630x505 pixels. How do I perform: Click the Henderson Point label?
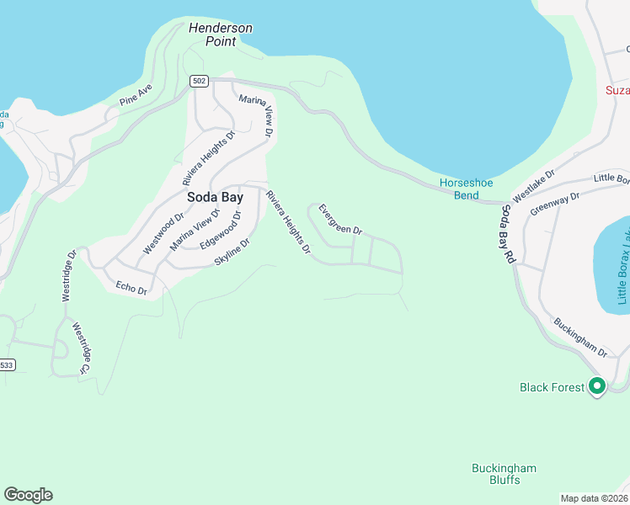[x=221, y=34]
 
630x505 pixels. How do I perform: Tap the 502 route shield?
[x=198, y=81]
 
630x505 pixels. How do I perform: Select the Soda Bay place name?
[x=215, y=197]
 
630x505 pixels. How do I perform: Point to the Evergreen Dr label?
[x=340, y=218]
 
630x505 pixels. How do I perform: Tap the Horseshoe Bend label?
[x=466, y=189]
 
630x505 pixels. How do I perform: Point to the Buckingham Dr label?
[x=580, y=335]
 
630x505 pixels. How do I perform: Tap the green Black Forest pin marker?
[x=597, y=386]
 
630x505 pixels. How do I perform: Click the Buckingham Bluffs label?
[x=504, y=474]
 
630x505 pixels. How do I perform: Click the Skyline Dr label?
[x=232, y=252]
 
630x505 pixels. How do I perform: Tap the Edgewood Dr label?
[x=221, y=229]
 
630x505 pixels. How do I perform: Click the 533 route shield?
[x=7, y=365]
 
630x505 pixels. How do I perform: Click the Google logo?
[x=28, y=495]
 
